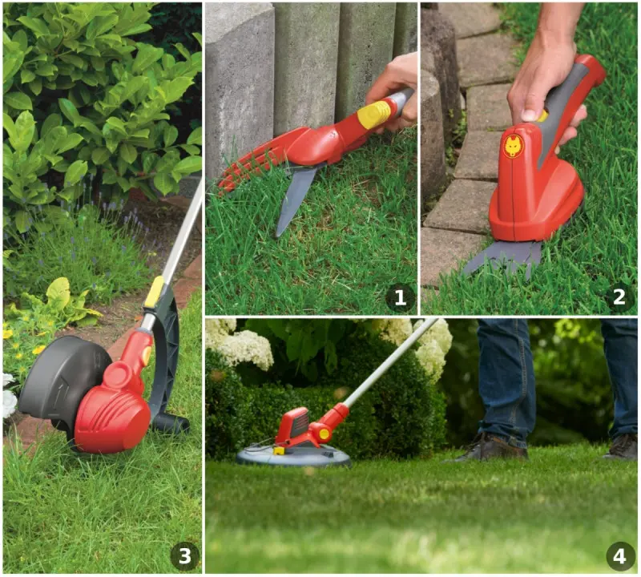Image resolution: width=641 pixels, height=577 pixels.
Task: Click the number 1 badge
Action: [400, 297]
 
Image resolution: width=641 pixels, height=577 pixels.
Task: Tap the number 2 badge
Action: [619, 297]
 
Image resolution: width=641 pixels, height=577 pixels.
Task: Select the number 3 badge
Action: [185, 555]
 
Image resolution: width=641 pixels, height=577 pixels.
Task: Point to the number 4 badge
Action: [619, 556]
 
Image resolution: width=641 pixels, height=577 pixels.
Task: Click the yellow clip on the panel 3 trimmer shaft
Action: [154, 292]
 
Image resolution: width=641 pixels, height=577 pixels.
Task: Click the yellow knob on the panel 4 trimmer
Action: [325, 434]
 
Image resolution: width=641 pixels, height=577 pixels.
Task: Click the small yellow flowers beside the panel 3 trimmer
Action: [22, 340]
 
